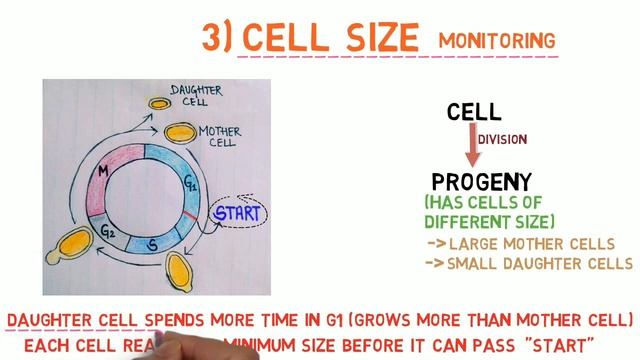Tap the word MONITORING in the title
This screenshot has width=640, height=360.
point(496,40)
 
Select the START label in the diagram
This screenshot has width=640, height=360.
point(237,213)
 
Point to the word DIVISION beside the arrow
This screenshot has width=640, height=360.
point(502,140)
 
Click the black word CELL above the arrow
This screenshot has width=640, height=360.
point(474,112)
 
